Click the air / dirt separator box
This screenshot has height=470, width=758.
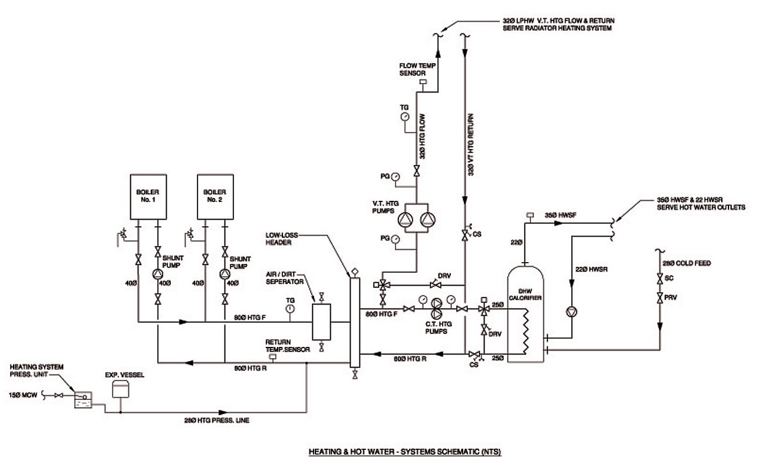click(x=321, y=322)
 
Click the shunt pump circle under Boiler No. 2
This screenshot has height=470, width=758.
click(x=225, y=274)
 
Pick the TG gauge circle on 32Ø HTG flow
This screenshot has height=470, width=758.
click(x=404, y=116)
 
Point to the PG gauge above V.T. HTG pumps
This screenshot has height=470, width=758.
click(x=395, y=176)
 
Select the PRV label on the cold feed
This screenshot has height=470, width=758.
click(x=670, y=297)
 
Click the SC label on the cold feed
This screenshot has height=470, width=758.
click(x=670, y=279)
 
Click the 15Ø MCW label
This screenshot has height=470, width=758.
click(x=23, y=395)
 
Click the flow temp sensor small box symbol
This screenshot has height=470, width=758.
click(x=423, y=82)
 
